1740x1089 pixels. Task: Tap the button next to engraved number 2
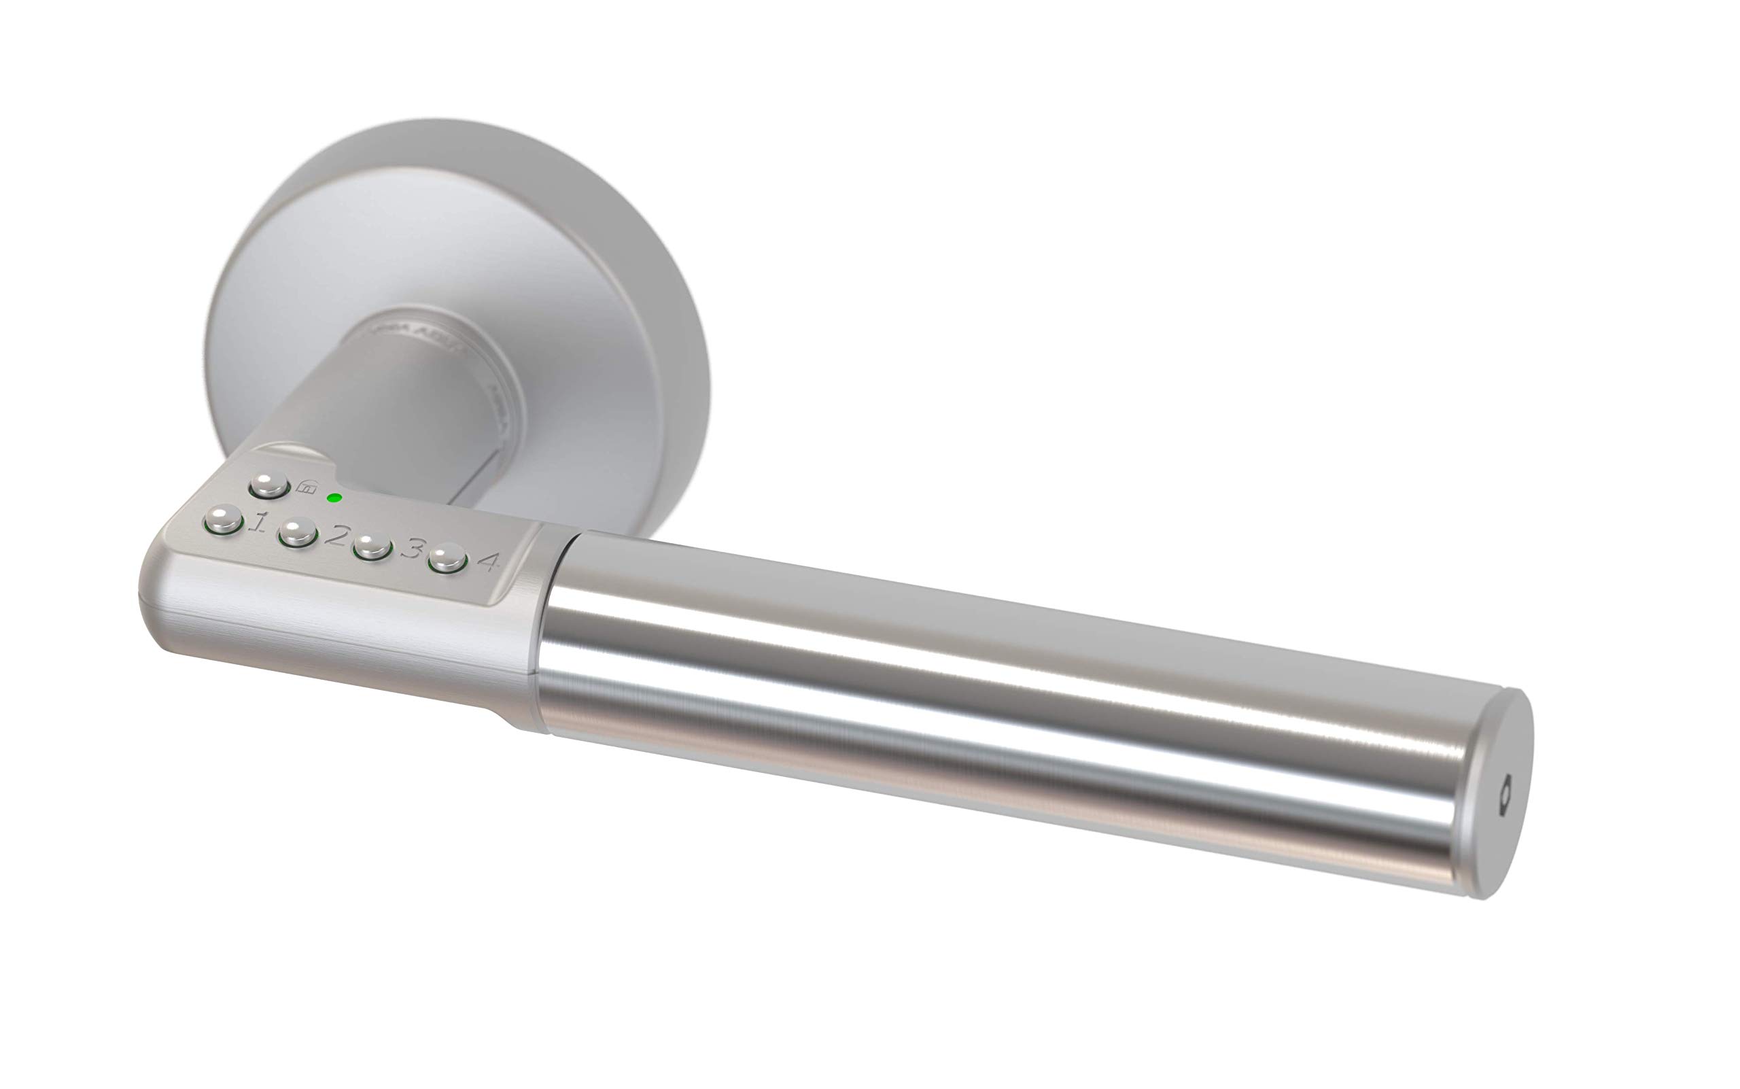[298, 534]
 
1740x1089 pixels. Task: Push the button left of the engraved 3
[372, 546]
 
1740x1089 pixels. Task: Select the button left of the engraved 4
[447, 559]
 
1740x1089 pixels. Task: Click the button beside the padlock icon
[268, 485]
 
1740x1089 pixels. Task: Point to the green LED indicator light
[334, 498]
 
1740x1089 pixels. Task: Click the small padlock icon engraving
[305, 487]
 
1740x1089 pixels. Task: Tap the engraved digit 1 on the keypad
[258, 521]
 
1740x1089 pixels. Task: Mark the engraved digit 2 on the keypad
[336, 536]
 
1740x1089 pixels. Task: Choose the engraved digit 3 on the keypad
[412, 549]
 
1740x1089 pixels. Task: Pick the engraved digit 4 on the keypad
[489, 561]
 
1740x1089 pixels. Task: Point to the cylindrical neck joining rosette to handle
[403, 403]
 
